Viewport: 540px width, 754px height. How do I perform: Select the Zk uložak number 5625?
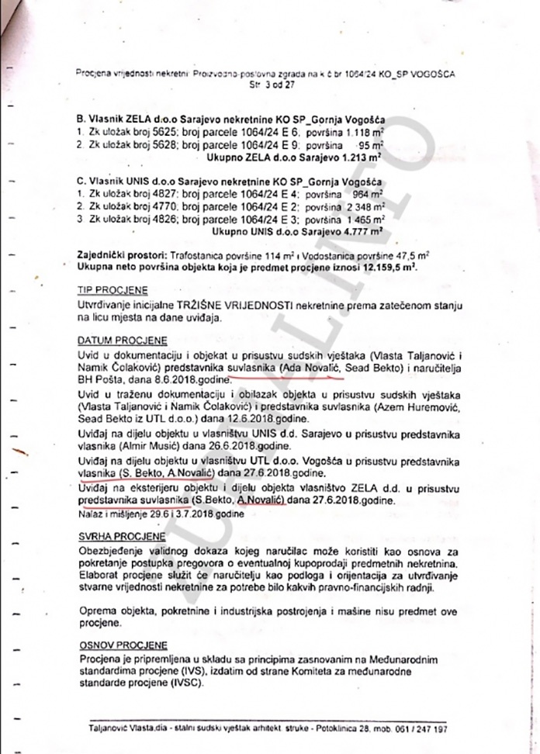click(x=164, y=133)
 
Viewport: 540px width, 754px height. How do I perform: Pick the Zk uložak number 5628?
click(x=164, y=144)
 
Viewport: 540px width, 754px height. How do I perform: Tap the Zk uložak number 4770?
click(x=164, y=207)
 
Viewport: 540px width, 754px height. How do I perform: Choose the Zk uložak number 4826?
click(x=164, y=219)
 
